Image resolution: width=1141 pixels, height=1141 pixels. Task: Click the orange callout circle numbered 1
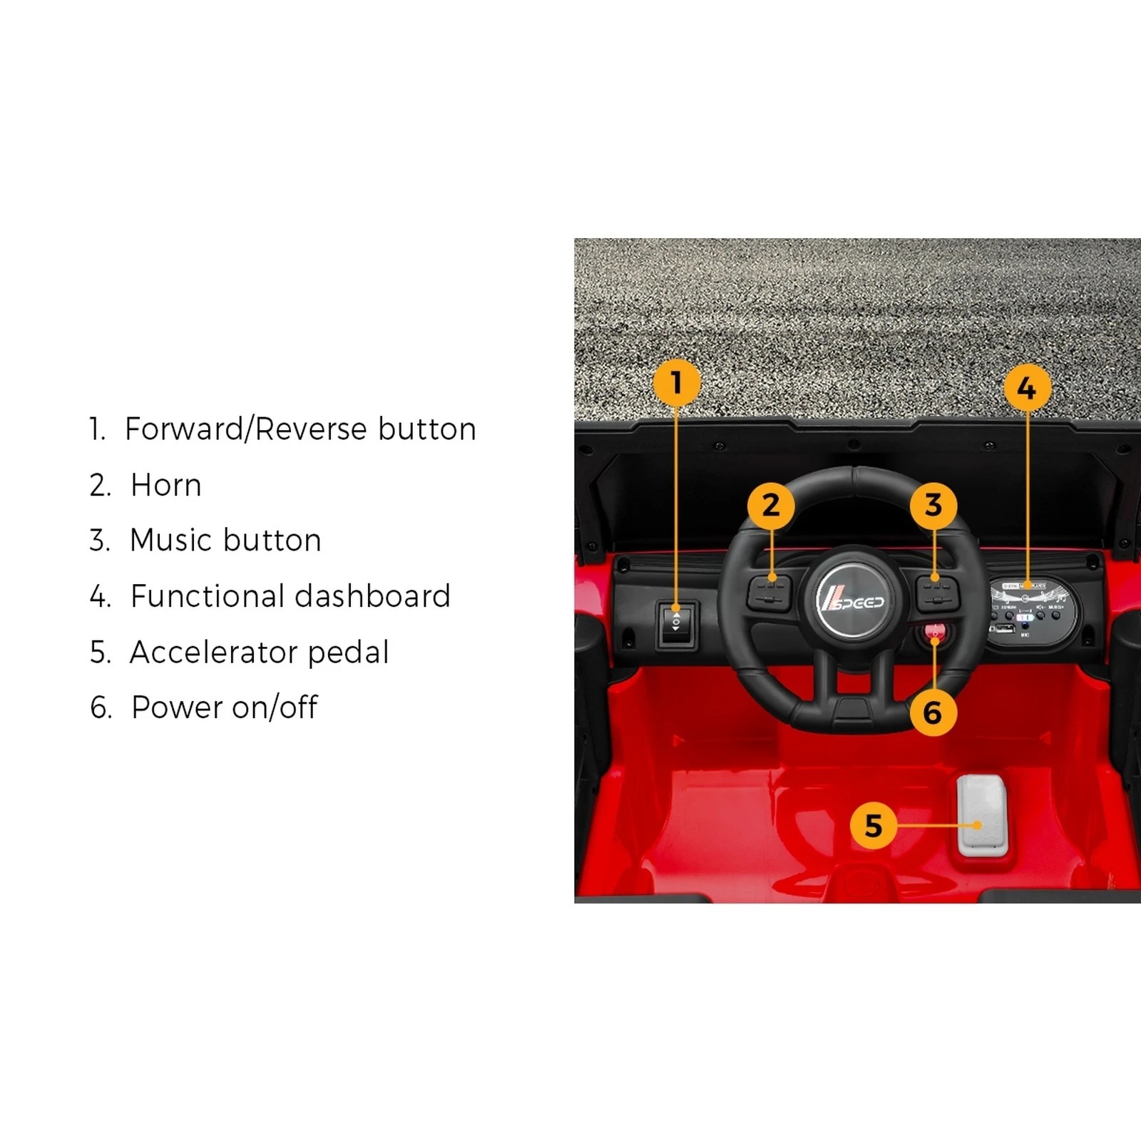pos(676,382)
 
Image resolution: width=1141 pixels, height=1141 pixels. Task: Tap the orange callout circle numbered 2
pos(771,506)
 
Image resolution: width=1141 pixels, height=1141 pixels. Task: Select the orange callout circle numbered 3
pos(933,506)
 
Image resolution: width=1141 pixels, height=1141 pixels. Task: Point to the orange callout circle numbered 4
pos(1027,388)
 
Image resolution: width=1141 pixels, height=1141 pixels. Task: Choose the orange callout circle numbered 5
pos(874,826)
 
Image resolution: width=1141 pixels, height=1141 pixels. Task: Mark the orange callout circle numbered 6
pos(932,712)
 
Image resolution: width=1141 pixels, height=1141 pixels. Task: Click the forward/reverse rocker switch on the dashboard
pos(676,624)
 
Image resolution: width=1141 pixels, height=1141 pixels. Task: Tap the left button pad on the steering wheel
pos(769,592)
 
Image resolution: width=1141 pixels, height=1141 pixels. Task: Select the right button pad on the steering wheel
pos(937,592)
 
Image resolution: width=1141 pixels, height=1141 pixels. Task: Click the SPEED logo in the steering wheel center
pos(851,600)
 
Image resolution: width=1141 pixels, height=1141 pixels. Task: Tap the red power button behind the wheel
pos(935,631)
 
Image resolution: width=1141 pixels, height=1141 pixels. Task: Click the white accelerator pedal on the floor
pos(982,817)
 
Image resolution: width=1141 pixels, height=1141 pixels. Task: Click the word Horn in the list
pos(166,486)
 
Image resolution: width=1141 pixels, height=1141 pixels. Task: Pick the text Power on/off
pos(224,707)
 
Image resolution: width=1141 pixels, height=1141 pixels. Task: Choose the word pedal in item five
pos(348,653)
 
